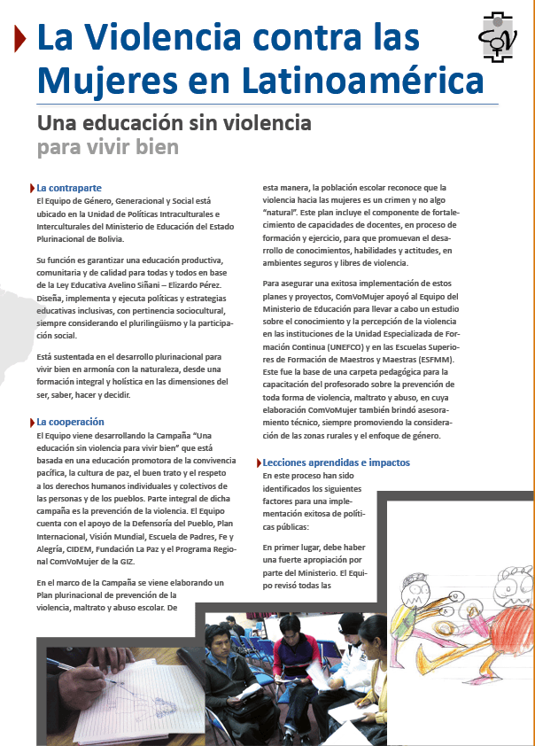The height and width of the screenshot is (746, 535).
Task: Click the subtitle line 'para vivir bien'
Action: [107, 145]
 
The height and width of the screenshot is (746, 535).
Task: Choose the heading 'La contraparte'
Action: [69, 188]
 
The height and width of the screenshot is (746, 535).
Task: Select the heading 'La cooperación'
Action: [70, 422]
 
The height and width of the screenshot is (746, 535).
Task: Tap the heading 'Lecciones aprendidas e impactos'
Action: [337, 462]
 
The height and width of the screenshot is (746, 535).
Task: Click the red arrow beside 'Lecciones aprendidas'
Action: [258, 462]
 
